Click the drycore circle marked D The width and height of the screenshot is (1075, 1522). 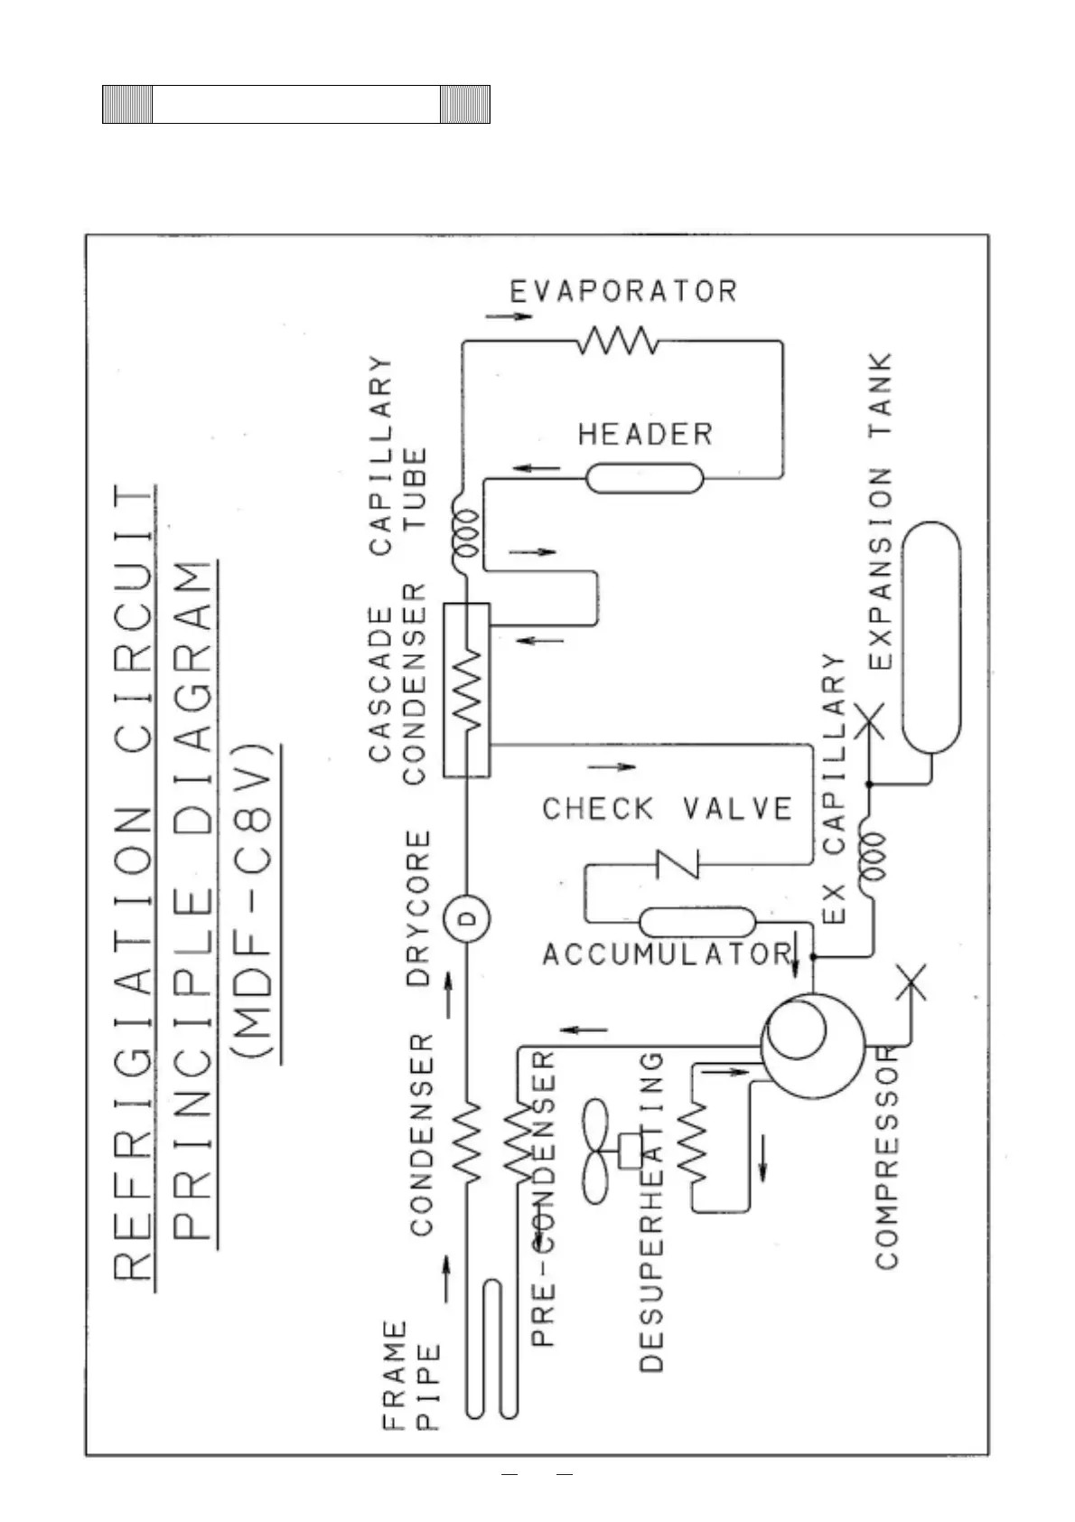[467, 919]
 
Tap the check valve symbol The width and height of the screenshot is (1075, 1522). [678, 864]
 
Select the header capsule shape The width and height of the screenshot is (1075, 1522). [644, 477]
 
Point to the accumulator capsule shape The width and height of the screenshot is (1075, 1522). [697, 923]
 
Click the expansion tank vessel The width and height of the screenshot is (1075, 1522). [931, 637]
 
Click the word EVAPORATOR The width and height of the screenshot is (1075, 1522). [623, 291]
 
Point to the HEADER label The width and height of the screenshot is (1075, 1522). [645, 435]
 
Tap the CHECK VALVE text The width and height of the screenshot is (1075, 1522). [667, 808]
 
